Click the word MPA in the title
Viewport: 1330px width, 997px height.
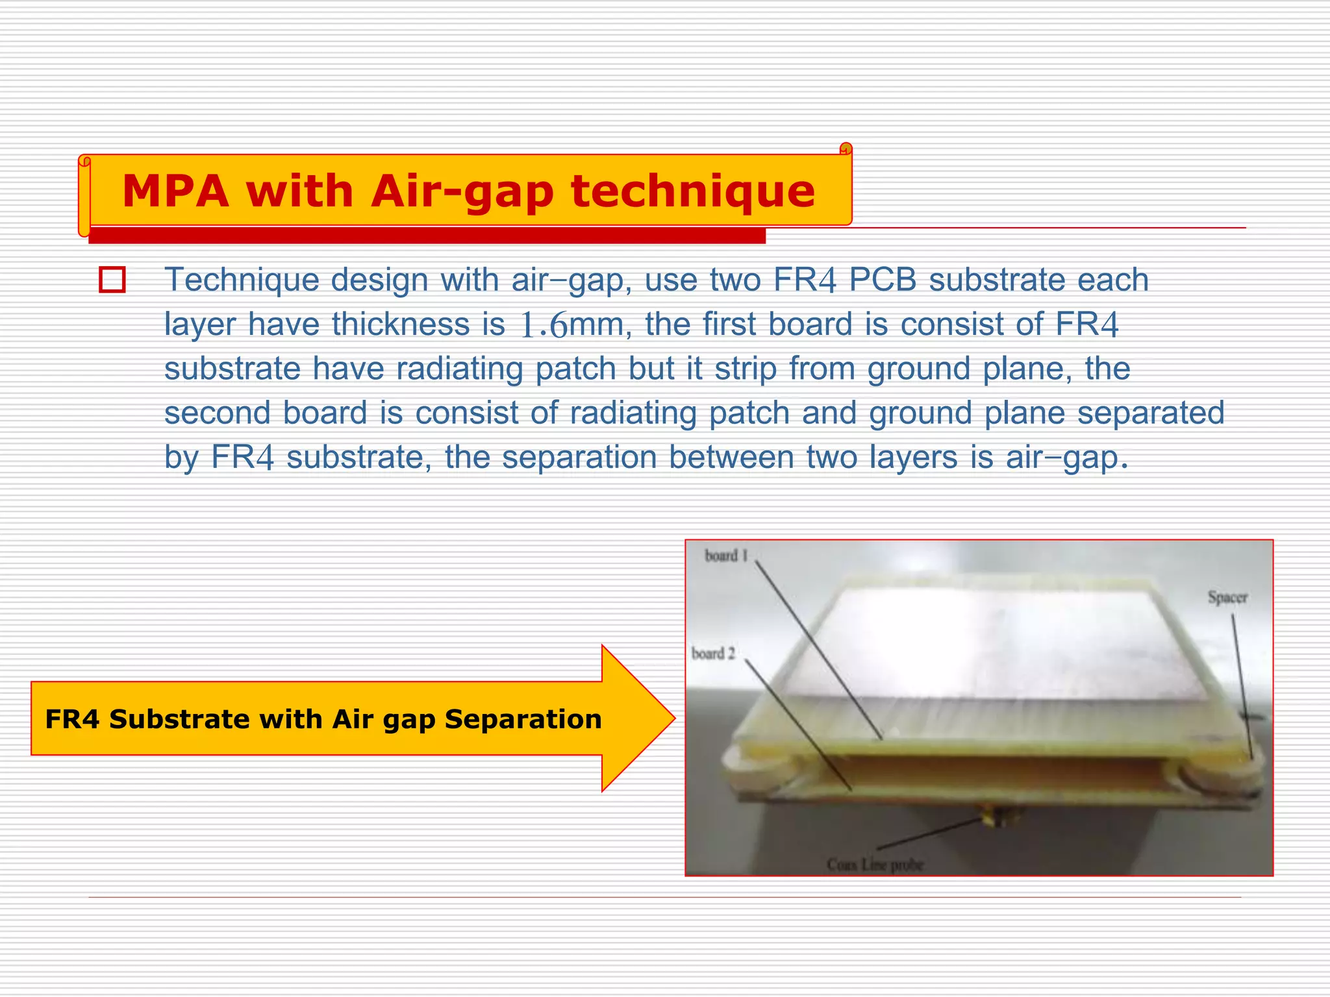(175, 191)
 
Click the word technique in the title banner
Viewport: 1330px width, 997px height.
(692, 191)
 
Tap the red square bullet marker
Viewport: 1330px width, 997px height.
(112, 280)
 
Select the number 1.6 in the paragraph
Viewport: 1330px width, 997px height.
(544, 325)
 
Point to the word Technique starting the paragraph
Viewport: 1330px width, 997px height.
(242, 280)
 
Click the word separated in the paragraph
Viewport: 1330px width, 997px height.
(1151, 413)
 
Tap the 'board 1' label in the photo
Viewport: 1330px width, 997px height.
(726, 556)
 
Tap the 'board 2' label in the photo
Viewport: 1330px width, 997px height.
(713, 653)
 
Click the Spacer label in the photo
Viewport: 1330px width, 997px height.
(1227, 597)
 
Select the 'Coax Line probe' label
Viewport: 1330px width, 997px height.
(875, 865)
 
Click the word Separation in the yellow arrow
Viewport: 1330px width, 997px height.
(523, 719)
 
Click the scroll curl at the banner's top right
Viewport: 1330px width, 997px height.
(846, 149)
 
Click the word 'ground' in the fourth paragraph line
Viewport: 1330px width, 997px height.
(920, 413)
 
